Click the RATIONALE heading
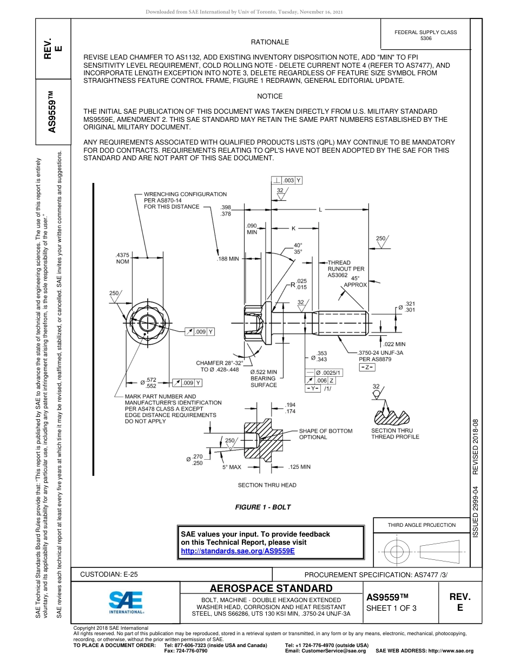[269, 42]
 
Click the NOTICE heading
[269, 96]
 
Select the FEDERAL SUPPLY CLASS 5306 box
[425, 35]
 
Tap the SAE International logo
[126, 602]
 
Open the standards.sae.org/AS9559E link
[238, 551]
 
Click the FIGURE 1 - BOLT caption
[262, 507]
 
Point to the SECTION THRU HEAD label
[267, 485]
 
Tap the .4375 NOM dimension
[122, 258]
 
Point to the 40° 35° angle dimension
[298, 248]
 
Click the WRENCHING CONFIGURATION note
[185, 200]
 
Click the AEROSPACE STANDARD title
[271, 589]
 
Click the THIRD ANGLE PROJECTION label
[421, 525]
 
